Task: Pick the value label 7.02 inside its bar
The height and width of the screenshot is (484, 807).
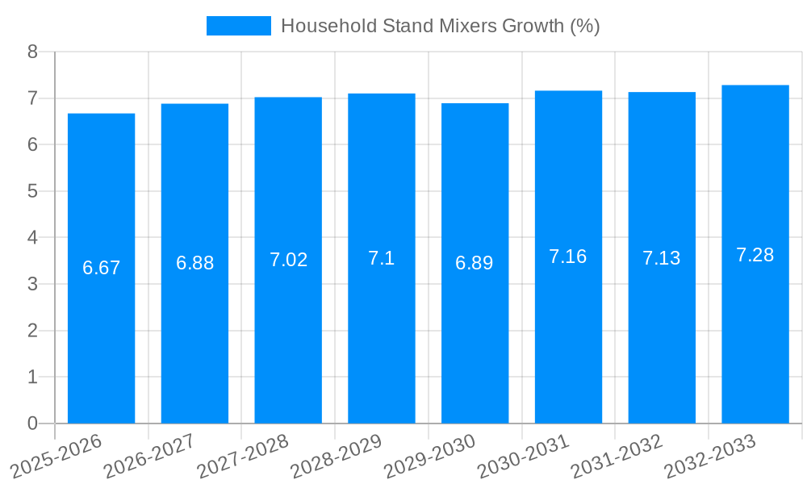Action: coord(288,260)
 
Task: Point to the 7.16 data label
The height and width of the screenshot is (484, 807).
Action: coord(568,257)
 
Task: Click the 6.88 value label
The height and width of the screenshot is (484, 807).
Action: coord(194,263)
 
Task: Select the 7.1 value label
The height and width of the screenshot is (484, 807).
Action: coord(381,258)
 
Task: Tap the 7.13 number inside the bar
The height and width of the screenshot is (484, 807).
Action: coord(662,258)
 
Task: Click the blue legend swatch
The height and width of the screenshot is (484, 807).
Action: coord(238,26)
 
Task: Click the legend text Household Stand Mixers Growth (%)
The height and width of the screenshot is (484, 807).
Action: coord(440,26)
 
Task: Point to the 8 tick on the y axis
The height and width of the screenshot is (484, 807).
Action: coord(32,52)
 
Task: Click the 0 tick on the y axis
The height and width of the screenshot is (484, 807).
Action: coord(32,423)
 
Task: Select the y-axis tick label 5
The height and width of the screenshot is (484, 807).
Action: coord(32,191)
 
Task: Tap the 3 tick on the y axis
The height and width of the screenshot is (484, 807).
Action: coord(32,284)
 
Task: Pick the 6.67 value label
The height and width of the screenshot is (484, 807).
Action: coord(101,268)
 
